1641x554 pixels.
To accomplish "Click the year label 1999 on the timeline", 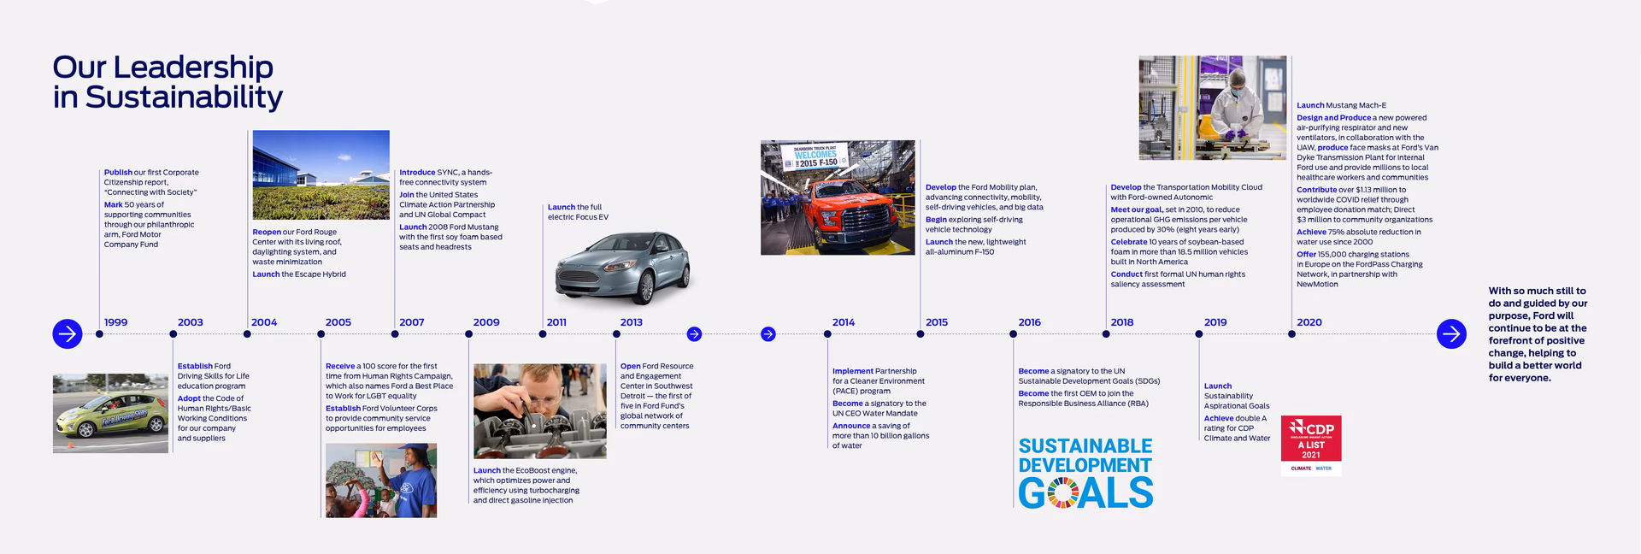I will tap(115, 322).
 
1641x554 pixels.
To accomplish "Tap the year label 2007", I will tap(411, 322).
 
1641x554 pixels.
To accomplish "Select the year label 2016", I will tap(1029, 322).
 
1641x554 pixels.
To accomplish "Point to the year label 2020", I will tap(1309, 322).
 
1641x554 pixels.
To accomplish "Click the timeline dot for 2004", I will tap(247, 334).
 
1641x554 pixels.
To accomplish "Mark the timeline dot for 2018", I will tap(1106, 334).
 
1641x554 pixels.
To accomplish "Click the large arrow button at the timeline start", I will tap(68, 333).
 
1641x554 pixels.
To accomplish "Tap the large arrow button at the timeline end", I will tap(1451, 333).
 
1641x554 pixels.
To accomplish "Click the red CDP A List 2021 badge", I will tap(1311, 445).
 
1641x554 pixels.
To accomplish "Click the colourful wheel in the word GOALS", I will tap(1062, 493).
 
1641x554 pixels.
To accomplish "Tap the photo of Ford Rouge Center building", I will tap(321, 174).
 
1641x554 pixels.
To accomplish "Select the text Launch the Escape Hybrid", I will tap(299, 274).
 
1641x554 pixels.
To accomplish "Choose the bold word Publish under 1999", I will tap(118, 173).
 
